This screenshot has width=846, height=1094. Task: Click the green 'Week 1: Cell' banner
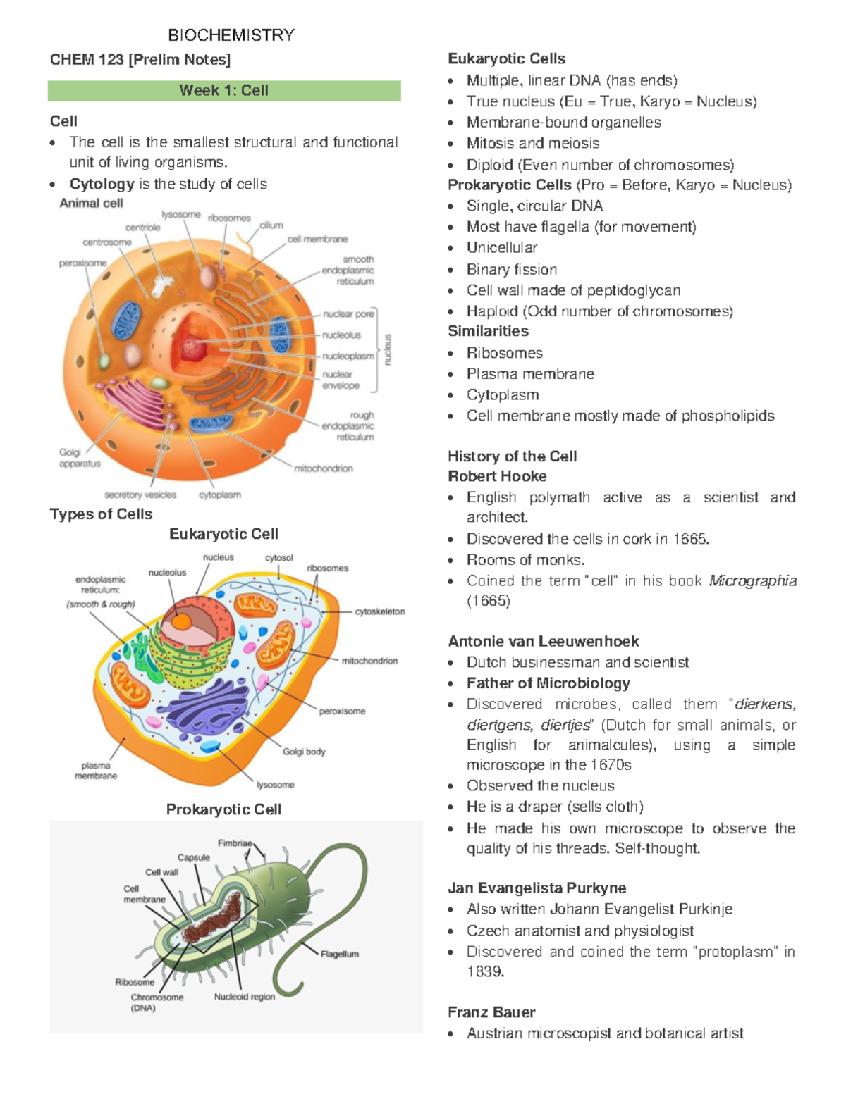coord(224,91)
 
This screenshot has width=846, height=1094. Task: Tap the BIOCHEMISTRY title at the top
coord(231,35)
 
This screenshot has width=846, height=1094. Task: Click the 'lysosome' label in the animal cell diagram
coord(180,215)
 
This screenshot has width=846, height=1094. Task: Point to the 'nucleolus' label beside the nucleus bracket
coord(342,335)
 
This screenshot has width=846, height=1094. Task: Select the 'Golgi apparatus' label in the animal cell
coord(80,458)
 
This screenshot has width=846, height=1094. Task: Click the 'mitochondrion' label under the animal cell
coord(324,468)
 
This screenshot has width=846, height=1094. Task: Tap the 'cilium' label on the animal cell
coord(271,225)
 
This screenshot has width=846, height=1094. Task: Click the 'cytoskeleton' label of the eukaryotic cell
coord(380,611)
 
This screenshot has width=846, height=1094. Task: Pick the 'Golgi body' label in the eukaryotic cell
coord(304,752)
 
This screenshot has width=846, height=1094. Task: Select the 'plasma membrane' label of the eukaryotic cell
coord(96,771)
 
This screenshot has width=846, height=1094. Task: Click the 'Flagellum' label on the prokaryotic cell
coord(340,954)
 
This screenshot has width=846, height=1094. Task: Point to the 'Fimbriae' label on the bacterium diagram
coord(235,843)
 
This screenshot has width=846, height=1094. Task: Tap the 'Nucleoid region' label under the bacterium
coord(245,997)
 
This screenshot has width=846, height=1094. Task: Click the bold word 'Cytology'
coord(102,184)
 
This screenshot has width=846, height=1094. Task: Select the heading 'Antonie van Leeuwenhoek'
coord(544,642)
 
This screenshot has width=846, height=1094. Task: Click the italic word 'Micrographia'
coord(753,581)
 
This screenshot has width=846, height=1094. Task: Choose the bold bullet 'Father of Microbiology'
coord(548,683)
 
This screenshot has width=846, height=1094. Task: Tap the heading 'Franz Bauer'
coord(491,1012)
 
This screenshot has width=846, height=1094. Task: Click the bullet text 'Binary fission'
coord(512,270)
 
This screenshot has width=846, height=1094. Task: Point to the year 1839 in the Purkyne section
coord(485,972)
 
